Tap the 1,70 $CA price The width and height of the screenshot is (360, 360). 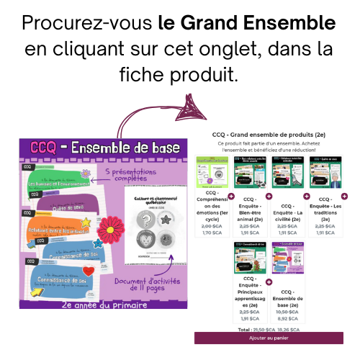click(x=212, y=232)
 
